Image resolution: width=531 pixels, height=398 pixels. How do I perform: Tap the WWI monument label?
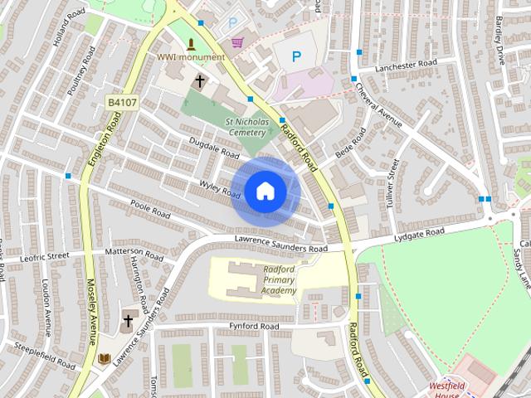[x=191, y=57]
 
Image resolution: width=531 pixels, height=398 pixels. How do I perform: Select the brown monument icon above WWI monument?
[x=192, y=43]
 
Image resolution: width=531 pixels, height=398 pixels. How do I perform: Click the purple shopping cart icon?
[x=237, y=42]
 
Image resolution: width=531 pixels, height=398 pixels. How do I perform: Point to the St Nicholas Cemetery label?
[x=246, y=126]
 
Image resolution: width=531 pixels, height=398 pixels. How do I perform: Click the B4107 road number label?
[x=122, y=102]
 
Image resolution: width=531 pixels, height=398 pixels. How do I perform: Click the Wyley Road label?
[x=220, y=188]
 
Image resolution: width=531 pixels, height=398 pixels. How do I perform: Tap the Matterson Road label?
[x=133, y=250]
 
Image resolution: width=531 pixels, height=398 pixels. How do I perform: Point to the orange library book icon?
[x=105, y=359]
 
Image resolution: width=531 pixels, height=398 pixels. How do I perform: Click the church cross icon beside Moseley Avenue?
[x=129, y=320]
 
